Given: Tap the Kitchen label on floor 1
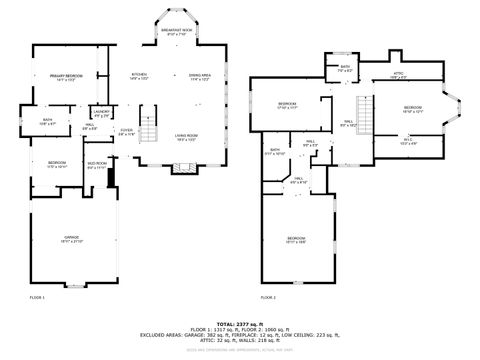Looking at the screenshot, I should click(x=140, y=77).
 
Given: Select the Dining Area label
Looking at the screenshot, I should click(x=200, y=77).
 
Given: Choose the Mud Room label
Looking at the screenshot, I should click(x=96, y=165).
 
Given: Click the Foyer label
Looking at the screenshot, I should click(x=127, y=131).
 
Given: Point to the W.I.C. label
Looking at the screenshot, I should click(x=407, y=141).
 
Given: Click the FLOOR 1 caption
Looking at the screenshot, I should click(x=37, y=297).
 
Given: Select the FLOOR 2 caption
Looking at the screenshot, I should click(x=268, y=297).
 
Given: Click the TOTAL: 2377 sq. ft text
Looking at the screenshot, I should click(x=239, y=323).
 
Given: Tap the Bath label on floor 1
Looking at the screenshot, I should click(x=47, y=122).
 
